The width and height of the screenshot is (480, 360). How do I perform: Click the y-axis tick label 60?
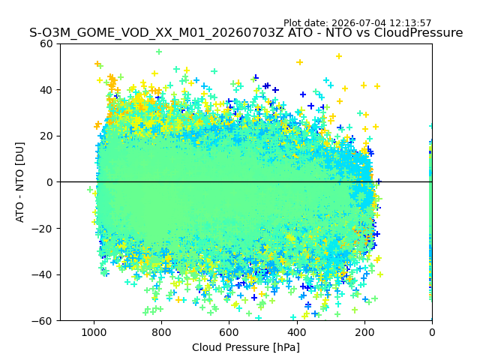(46, 43)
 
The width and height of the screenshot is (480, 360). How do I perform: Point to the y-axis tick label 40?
(46, 90)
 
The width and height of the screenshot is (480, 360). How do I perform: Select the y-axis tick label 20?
(46, 136)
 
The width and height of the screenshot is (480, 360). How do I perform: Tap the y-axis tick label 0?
(49, 182)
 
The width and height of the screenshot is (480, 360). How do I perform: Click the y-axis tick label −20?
(43, 229)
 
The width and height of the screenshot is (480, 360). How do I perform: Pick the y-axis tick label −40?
(43, 275)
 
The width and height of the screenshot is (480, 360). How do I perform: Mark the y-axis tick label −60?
(43, 321)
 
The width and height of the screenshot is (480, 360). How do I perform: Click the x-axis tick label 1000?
(94, 332)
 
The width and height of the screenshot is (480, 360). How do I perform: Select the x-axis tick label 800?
(161, 332)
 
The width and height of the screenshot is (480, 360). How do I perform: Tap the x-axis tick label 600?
(229, 332)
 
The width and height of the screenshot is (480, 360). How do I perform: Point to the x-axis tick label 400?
(297, 332)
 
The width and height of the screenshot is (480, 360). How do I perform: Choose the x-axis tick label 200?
(364, 332)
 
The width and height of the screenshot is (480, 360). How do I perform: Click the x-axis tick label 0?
(432, 332)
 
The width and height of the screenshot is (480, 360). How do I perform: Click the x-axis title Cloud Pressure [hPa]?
(246, 347)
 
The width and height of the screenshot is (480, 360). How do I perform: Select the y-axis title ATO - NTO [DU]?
(19, 182)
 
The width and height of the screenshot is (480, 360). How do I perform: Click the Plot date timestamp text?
(357, 23)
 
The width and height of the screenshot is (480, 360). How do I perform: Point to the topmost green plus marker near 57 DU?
(158, 52)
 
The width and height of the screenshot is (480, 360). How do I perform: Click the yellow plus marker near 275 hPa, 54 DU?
(339, 56)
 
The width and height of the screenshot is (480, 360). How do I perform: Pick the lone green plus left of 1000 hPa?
(90, 190)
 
